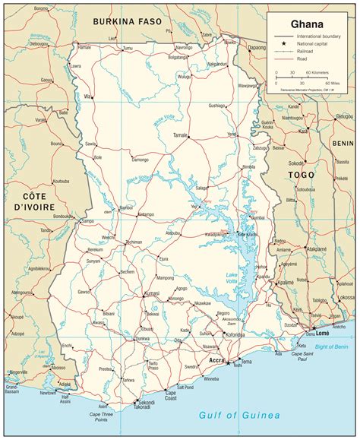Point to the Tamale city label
coord(180,134)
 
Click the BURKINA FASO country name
coord(127,21)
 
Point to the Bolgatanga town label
coord(178,56)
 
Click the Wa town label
coord(87,97)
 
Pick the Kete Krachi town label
coord(247,234)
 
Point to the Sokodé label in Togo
coord(296,163)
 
